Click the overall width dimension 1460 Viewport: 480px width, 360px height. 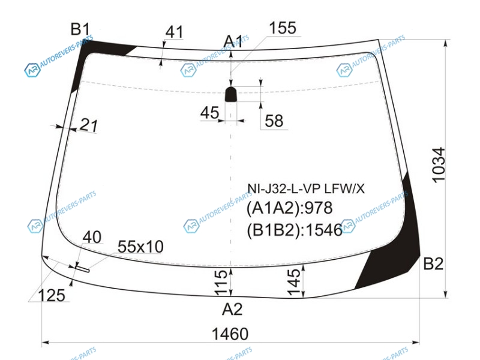230,334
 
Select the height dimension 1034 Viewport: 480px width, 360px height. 439,166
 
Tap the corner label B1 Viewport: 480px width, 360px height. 80,29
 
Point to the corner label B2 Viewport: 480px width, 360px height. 433,263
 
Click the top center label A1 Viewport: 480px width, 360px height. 233,41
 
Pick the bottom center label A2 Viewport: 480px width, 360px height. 232,309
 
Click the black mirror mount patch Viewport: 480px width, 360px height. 231,94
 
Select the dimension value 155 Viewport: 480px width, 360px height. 283,28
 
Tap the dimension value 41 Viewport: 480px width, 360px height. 175,32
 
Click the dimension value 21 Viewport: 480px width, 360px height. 89,125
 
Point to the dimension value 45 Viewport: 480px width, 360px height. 209,113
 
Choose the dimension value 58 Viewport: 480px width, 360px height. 274,121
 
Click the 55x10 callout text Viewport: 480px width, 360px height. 140,247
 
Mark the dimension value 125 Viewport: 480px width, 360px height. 52,296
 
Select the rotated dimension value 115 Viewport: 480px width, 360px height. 221,283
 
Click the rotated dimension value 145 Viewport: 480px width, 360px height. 295,282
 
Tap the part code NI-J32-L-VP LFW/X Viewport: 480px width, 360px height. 306,189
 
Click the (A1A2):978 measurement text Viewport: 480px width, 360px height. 289,208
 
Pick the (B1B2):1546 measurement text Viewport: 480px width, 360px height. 295,230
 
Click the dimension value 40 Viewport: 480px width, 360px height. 92,237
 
